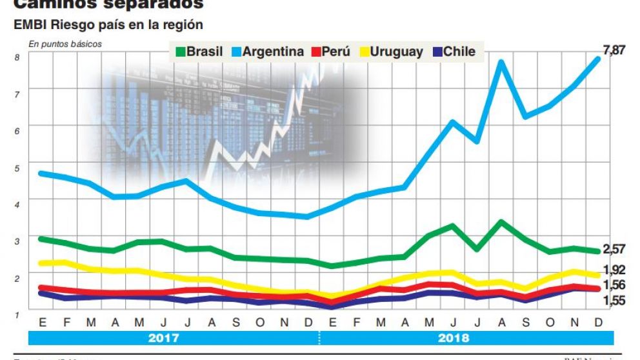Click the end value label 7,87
coord(612,50)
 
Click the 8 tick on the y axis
coord(17,57)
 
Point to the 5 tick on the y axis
coord(17,167)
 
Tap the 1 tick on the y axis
coord(17,314)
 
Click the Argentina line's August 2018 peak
coord(500,63)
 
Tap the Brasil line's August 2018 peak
coord(500,222)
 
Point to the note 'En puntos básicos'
coord(65,44)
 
